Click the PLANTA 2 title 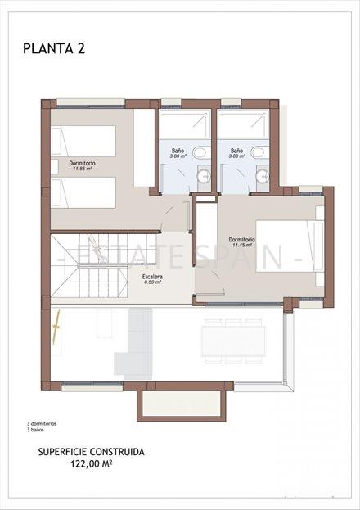pyautogui.click(x=54, y=48)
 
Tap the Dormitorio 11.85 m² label pyautogui.click(x=83, y=166)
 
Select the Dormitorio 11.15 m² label pyautogui.click(x=242, y=242)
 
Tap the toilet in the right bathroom pyautogui.click(x=259, y=151)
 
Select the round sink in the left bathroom pyautogui.click(x=205, y=175)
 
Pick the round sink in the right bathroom pyautogui.click(x=263, y=175)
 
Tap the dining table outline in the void pyautogui.click(x=234, y=341)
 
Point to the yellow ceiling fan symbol pyautogui.click(x=58, y=335)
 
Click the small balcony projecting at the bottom pyautogui.click(x=181, y=404)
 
